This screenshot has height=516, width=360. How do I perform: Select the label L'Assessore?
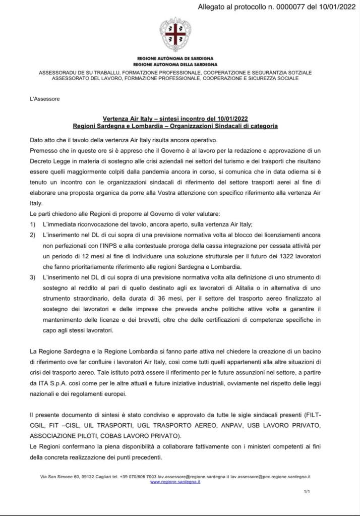[45, 99]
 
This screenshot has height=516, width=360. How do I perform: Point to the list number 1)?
[33, 224]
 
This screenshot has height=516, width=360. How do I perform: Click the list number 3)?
[33, 278]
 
